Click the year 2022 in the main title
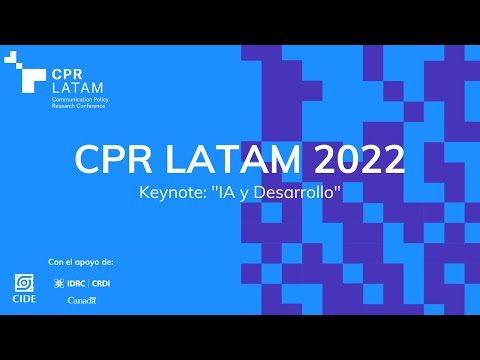[x=356, y=160]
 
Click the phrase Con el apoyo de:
[x=81, y=262]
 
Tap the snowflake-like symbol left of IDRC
[x=73, y=283]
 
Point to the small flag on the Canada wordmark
[x=92, y=296]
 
